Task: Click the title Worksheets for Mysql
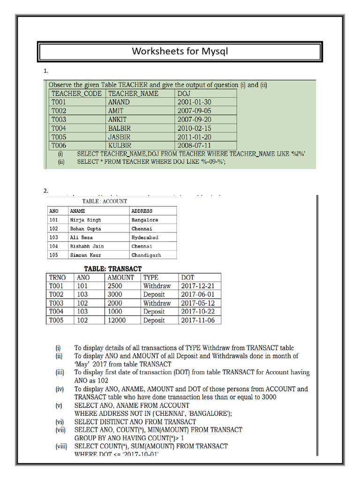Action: click(180, 51)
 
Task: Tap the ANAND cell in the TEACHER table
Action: click(119, 102)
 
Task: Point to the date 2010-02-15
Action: click(194, 128)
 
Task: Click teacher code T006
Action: click(59, 145)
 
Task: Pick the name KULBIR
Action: click(120, 145)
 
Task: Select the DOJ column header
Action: click(184, 93)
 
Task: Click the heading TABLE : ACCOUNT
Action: click(105, 201)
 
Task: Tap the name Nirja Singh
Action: click(85, 220)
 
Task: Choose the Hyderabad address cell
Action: click(145, 238)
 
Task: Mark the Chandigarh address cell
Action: click(146, 255)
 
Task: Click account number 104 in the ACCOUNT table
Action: click(53, 246)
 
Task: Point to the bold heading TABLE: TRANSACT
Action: click(112, 269)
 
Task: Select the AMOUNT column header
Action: click(120, 277)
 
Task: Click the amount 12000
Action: click(116, 320)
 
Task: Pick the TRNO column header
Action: click(57, 277)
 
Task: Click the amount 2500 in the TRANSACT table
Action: click(115, 286)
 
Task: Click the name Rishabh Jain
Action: click(87, 246)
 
